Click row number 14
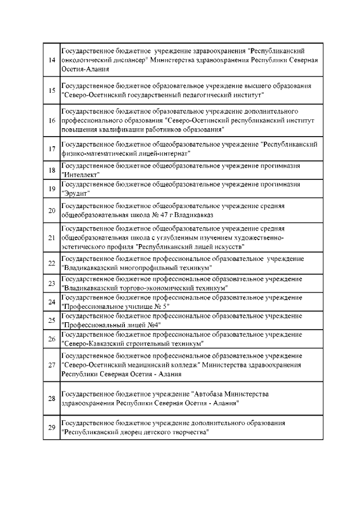(x=52, y=60)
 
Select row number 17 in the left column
(x=52, y=148)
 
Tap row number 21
(x=52, y=237)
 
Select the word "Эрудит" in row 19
(x=76, y=193)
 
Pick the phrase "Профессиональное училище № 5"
(x=115, y=305)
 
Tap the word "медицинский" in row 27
(x=145, y=365)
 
